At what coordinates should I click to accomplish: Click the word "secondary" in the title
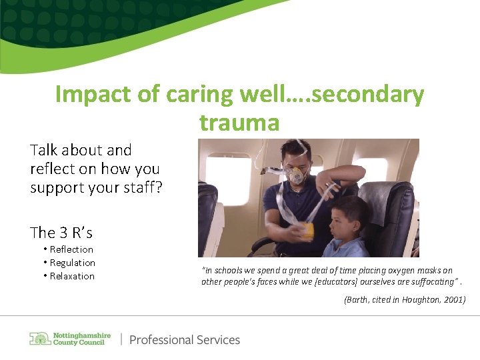367,95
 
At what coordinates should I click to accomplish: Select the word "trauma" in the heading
239,122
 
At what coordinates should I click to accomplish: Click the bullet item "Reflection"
71,249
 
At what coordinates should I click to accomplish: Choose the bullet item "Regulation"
72,263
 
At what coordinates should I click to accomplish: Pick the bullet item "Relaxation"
72,276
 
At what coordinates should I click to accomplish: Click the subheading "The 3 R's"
61,233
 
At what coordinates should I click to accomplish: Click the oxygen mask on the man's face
296,175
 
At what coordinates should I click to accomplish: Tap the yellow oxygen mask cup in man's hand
307,231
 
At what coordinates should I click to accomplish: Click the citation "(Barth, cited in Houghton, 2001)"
405,301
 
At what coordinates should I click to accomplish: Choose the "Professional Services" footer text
185,340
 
